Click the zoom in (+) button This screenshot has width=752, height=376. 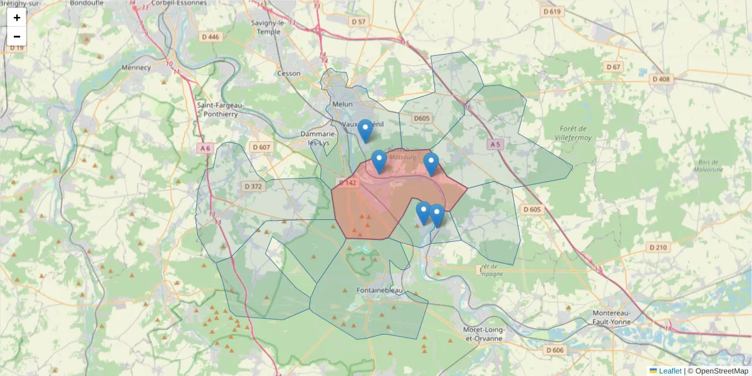(x=17, y=18)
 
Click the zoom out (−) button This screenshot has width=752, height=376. (x=17, y=36)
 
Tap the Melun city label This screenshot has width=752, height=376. (x=343, y=105)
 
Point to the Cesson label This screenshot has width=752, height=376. (x=289, y=73)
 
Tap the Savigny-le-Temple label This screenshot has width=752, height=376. (x=266, y=28)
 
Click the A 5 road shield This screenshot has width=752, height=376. (x=495, y=144)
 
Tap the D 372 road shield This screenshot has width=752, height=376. (x=253, y=186)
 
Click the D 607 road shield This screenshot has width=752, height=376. (x=261, y=147)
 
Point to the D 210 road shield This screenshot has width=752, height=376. (x=658, y=248)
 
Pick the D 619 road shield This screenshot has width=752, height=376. (x=553, y=12)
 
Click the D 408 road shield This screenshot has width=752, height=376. (x=661, y=79)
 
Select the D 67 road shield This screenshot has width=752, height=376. (x=614, y=67)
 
